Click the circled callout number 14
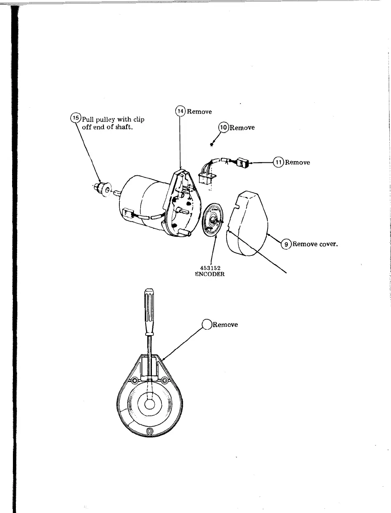tap(180, 111)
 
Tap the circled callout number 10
tap(224, 127)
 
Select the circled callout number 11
tap(278, 162)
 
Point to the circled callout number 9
tap(286, 244)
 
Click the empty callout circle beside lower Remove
tap(207, 324)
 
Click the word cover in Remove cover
tap(328, 244)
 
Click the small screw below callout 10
tap(212, 145)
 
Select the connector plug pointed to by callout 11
tap(243, 162)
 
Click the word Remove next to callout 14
tap(199, 111)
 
